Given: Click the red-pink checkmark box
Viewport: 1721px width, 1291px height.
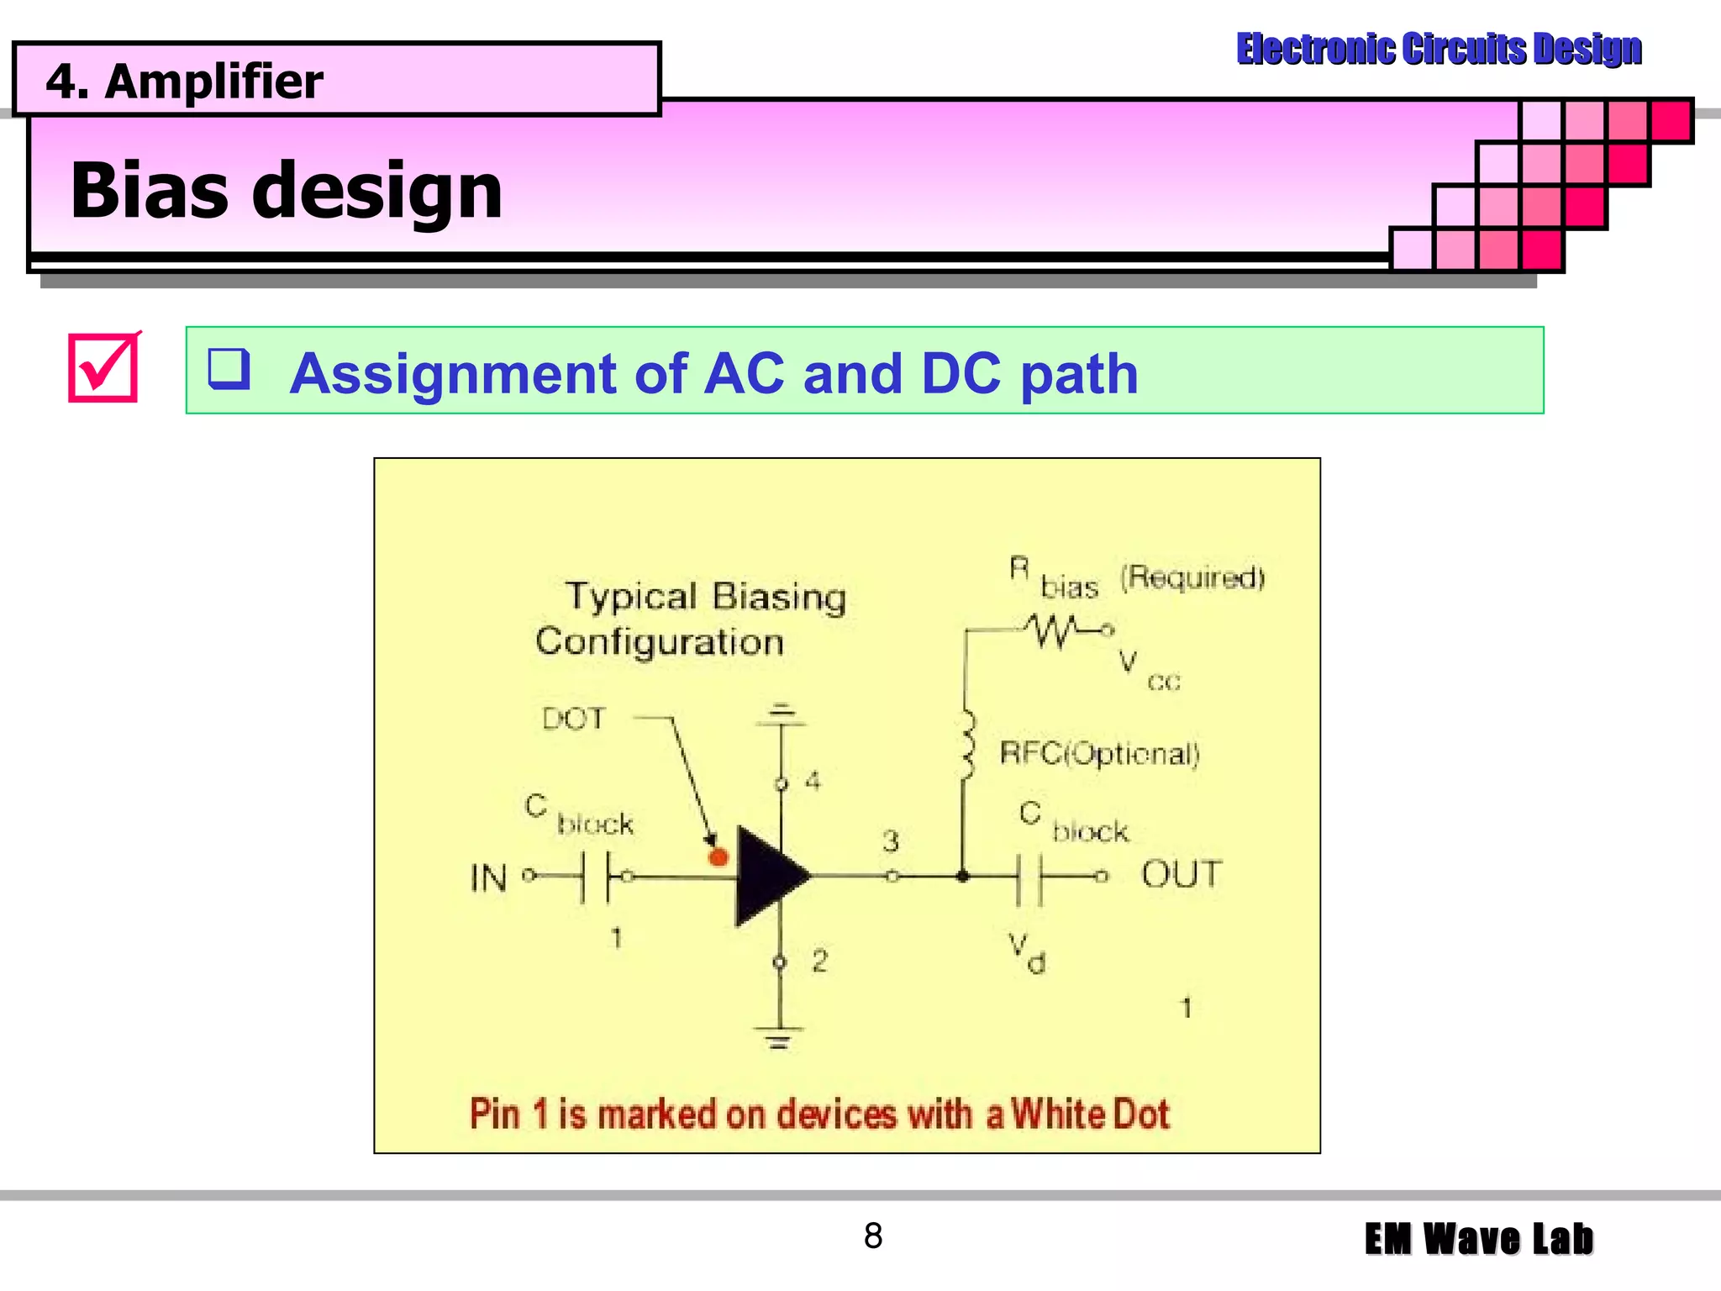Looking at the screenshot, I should coord(103,368).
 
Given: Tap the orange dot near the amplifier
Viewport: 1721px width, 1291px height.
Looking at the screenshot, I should coord(718,857).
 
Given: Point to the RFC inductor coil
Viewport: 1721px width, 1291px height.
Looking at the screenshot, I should coord(967,745).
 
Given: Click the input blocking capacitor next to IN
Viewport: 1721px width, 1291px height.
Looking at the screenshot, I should coord(595,877).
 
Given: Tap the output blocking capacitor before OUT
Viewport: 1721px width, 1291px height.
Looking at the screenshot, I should coord(1029,878).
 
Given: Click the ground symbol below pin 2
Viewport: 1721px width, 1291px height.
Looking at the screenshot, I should coord(779,1037).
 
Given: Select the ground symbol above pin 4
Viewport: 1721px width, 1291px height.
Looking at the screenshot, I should coord(782,714).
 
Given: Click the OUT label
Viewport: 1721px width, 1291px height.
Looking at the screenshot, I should coord(1181,875).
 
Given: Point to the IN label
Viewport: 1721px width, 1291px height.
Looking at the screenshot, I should coord(488,879).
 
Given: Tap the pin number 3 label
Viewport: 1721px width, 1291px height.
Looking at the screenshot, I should coord(891,840).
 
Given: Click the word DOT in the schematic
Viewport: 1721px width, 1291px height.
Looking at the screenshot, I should coord(573,719).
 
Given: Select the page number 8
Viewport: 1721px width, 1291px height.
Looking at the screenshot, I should coord(873,1236).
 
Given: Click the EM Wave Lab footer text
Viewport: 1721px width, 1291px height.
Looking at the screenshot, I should coord(1478,1239).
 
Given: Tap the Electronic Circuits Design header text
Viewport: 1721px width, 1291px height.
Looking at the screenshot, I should coord(1439,49).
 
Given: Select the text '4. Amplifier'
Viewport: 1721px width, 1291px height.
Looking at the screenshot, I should coord(184,82).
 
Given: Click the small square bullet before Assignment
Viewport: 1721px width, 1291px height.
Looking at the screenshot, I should coord(229,369).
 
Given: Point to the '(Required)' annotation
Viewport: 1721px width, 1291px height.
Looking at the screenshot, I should coord(1192,577).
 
